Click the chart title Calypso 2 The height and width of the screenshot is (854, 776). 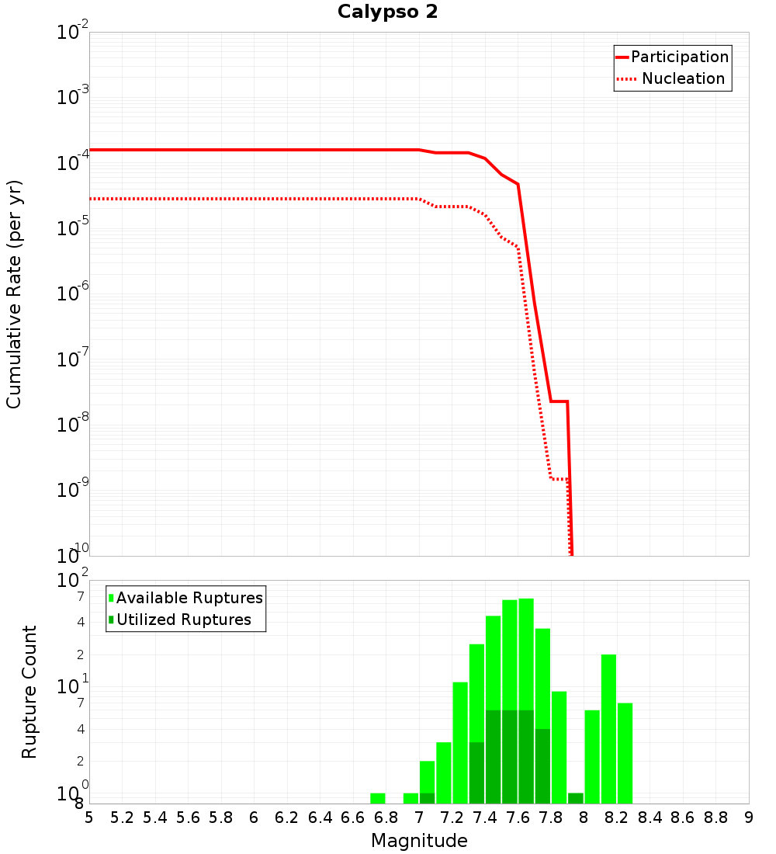click(x=387, y=12)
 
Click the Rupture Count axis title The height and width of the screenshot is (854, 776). click(x=29, y=692)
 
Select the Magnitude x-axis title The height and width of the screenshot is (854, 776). click(x=419, y=840)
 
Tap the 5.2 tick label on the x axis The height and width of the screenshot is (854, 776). click(x=122, y=817)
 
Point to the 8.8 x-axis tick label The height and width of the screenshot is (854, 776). click(x=715, y=817)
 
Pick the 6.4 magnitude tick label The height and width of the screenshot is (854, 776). click(x=320, y=817)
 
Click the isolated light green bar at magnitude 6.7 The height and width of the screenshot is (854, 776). click(x=378, y=798)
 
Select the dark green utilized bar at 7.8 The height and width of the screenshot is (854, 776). click(x=542, y=765)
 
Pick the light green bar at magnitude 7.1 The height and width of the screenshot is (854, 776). click(x=444, y=772)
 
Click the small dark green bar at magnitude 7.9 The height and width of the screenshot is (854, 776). click(x=576, y=798)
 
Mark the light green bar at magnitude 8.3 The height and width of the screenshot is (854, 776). click(x=625, y=753)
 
